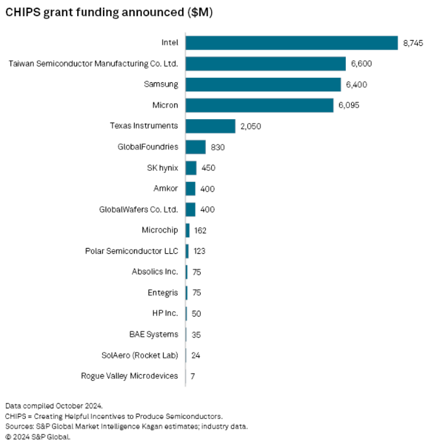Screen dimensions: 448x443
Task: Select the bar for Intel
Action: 291,43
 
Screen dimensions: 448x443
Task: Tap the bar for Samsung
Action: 263,85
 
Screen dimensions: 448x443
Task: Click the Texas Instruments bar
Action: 210,126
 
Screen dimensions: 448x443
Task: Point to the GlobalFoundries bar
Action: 196,147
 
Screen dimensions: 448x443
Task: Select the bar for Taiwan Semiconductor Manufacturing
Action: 266,63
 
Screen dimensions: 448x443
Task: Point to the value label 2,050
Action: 250,126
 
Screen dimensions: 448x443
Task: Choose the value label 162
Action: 200,230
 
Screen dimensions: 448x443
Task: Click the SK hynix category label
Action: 163,168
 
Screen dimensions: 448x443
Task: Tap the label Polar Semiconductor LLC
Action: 131,251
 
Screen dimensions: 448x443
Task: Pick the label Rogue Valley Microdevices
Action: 130,376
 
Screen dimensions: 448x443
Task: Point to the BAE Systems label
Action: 153,335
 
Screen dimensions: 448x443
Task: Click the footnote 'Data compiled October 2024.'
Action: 54,406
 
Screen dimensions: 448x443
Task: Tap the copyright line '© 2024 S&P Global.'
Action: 38,436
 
